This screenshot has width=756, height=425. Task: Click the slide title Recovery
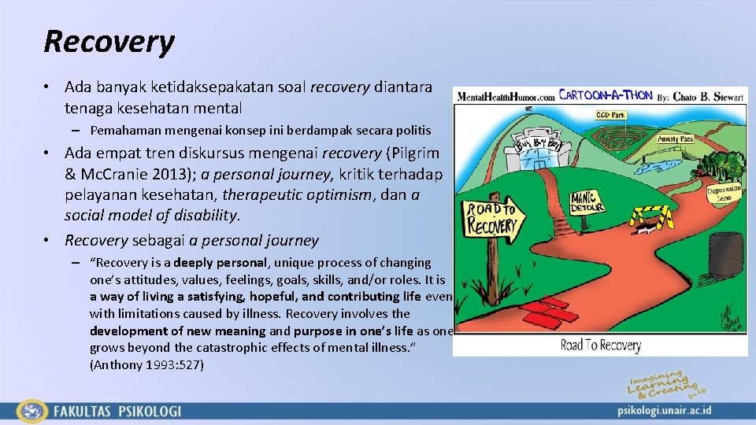tap(109, 42)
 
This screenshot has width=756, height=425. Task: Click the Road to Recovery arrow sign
tap(492, 221)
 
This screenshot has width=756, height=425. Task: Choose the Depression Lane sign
tap(725, 194)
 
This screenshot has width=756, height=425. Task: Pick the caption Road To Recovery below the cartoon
tap(600, 345)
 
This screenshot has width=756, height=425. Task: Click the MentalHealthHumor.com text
tap(505, 97)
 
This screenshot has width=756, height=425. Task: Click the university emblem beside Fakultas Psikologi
tap(32, 411)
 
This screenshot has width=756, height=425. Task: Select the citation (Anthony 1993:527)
tap(146, 364)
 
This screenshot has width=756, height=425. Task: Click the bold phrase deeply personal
tap(220, 263)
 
